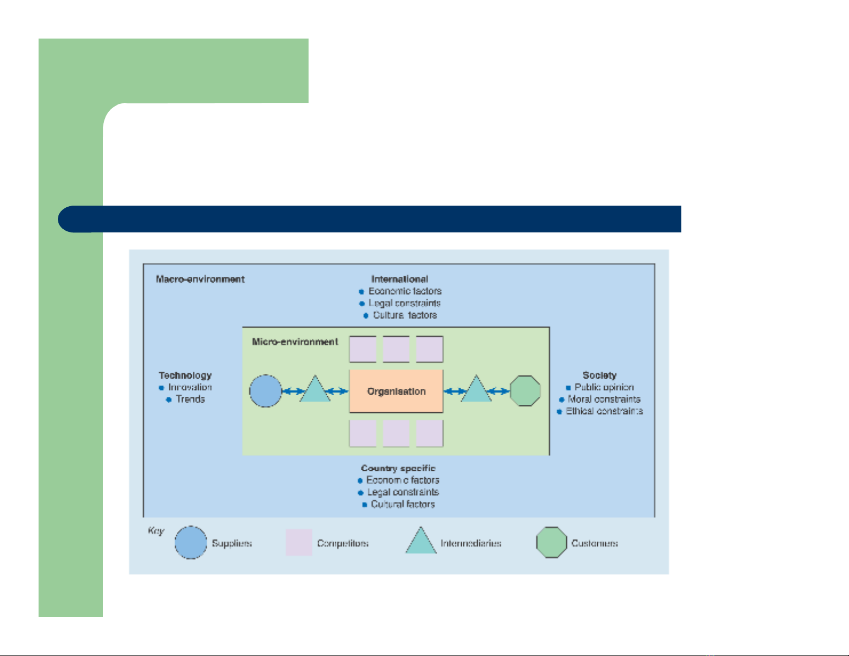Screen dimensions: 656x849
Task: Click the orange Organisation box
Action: pyautogui.click(x=396, y=391)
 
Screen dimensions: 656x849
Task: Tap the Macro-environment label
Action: pyautogui.click(x=200, y=279)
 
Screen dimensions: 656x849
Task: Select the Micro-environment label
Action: pyautogui.click(x=295, y=342)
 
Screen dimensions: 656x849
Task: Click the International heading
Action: pyautogui.click(x=400, y=279)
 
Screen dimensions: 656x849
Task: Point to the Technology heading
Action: pyautogui.click(x=185, y=375)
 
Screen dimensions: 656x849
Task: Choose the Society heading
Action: pyautogui.click(x=599, y=375)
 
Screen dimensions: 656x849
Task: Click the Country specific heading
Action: pyautogui.click(x=398, y=468)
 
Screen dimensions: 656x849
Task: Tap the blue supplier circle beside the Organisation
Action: pyautogui.click(x=266, y=391)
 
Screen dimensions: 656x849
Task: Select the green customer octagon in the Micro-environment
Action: pyautogui.click(x=525, y=391)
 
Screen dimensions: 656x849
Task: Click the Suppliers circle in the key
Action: pyautogui.click(x=191, y=542)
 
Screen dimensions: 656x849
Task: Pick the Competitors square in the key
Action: pyautogui.click(x=299, y=542)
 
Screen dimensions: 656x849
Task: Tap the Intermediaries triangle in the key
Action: pyautogui.click(x=421, y=542)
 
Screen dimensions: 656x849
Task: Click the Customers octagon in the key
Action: pyautogui.click(x=551, y=542)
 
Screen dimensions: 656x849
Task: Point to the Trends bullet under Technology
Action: pyautogui.click(x=190, y=399)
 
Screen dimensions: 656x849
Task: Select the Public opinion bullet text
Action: pyautogui.click(x=604, y=387)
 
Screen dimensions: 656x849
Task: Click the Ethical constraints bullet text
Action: pyautogui.click(x=604, y=411)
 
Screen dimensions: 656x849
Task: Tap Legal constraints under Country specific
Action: pyautogui.click(x=403, y=492)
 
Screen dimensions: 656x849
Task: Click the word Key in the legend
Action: pyautogui.click(x=156, y=531)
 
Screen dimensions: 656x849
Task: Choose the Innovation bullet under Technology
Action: pyautogui.click(x=190, y=387)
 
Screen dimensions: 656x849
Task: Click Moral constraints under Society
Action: pyautogui.click(x=604, y=399)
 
